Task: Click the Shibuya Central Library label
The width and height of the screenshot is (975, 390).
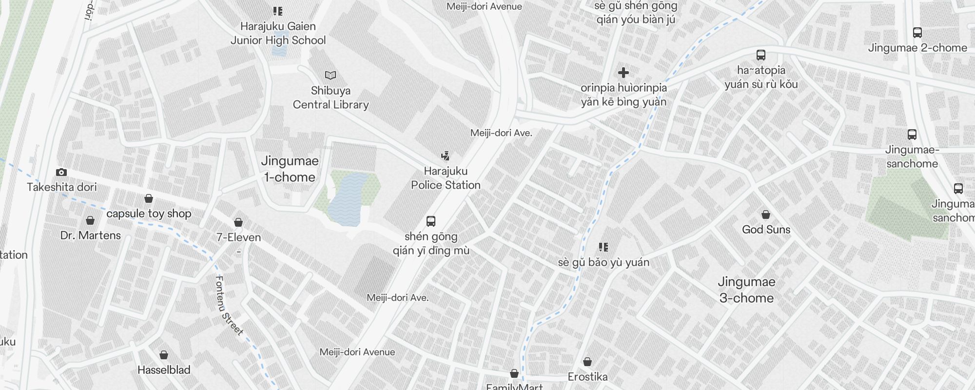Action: [331, 97]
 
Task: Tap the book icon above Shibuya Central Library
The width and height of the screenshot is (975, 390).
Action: [331, 75]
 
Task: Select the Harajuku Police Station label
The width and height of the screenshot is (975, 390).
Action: [446, 178]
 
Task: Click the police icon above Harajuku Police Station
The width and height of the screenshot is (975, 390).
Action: [445, 156]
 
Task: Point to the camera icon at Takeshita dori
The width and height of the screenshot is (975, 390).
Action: [61, 172]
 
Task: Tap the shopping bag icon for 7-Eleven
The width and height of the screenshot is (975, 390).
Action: [238, 222]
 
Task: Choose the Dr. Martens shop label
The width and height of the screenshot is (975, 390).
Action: [91, 235]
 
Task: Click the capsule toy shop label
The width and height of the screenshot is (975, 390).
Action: [149, 214]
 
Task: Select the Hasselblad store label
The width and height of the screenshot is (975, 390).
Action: [164, 370]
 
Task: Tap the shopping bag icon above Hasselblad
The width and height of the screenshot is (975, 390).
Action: [164, 354]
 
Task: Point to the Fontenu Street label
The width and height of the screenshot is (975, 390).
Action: [229, 306]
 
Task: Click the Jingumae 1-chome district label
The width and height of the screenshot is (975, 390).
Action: [290, 169]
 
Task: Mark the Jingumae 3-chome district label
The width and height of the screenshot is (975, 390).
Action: [746, 290]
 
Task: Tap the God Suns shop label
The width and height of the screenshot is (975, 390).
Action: [766, 230]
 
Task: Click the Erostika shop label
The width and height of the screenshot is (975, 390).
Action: [587, 377]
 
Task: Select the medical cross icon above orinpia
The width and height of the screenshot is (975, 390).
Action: [623, 73]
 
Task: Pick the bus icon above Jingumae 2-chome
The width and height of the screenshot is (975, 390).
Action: [917, 33]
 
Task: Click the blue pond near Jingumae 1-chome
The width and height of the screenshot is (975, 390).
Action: [347, 200]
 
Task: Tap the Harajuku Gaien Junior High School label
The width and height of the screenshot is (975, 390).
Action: [278, 33]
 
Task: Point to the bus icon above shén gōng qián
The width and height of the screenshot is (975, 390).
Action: [431, 221]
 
